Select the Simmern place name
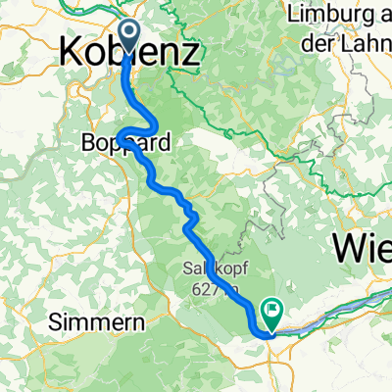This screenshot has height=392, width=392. click(x=96, y=321)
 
